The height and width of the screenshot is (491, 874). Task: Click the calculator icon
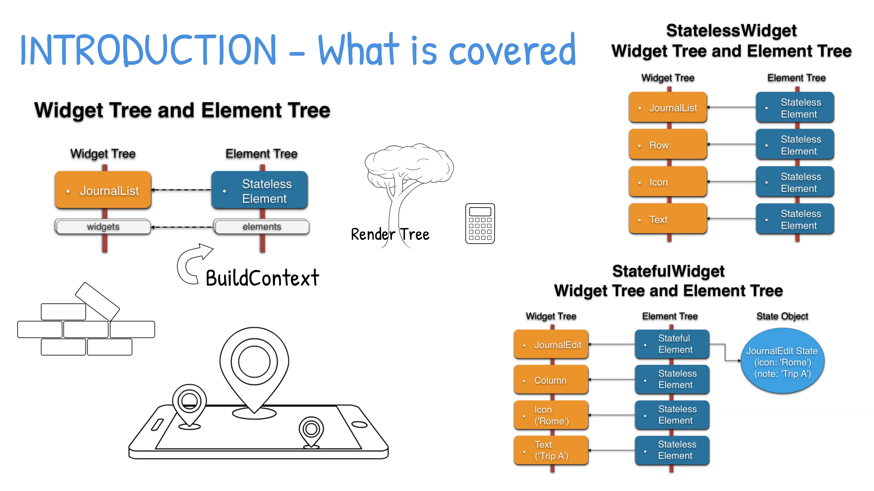[480, 223]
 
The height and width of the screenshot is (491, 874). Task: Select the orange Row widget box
[667, 145]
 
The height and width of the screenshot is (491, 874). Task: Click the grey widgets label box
[103, 226]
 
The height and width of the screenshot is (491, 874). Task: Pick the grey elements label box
[262, 226]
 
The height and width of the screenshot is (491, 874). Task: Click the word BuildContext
[262, 278]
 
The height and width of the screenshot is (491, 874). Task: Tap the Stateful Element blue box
[672, 344]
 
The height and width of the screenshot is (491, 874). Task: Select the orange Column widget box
[551, 380]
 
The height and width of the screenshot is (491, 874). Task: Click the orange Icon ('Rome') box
[551, 415]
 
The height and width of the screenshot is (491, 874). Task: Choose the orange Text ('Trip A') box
[551, 450]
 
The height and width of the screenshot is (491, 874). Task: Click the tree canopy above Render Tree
[409, 164]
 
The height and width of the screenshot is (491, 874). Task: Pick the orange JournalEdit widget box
[551, 345]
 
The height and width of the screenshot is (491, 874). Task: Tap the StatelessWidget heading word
[731, 30]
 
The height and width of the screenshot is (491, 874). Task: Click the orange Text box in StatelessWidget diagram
[667, 219]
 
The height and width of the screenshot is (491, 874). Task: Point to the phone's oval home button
[359, 425]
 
